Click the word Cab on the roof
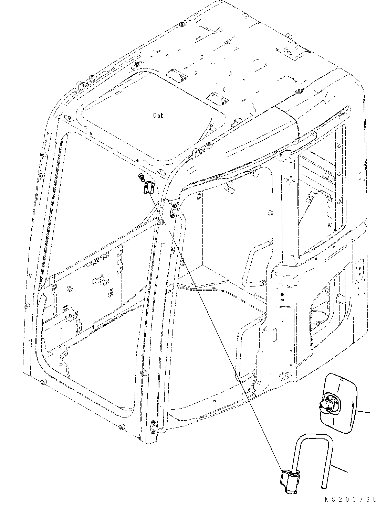tap(158, 116)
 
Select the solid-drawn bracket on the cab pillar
tap(148, 187)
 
